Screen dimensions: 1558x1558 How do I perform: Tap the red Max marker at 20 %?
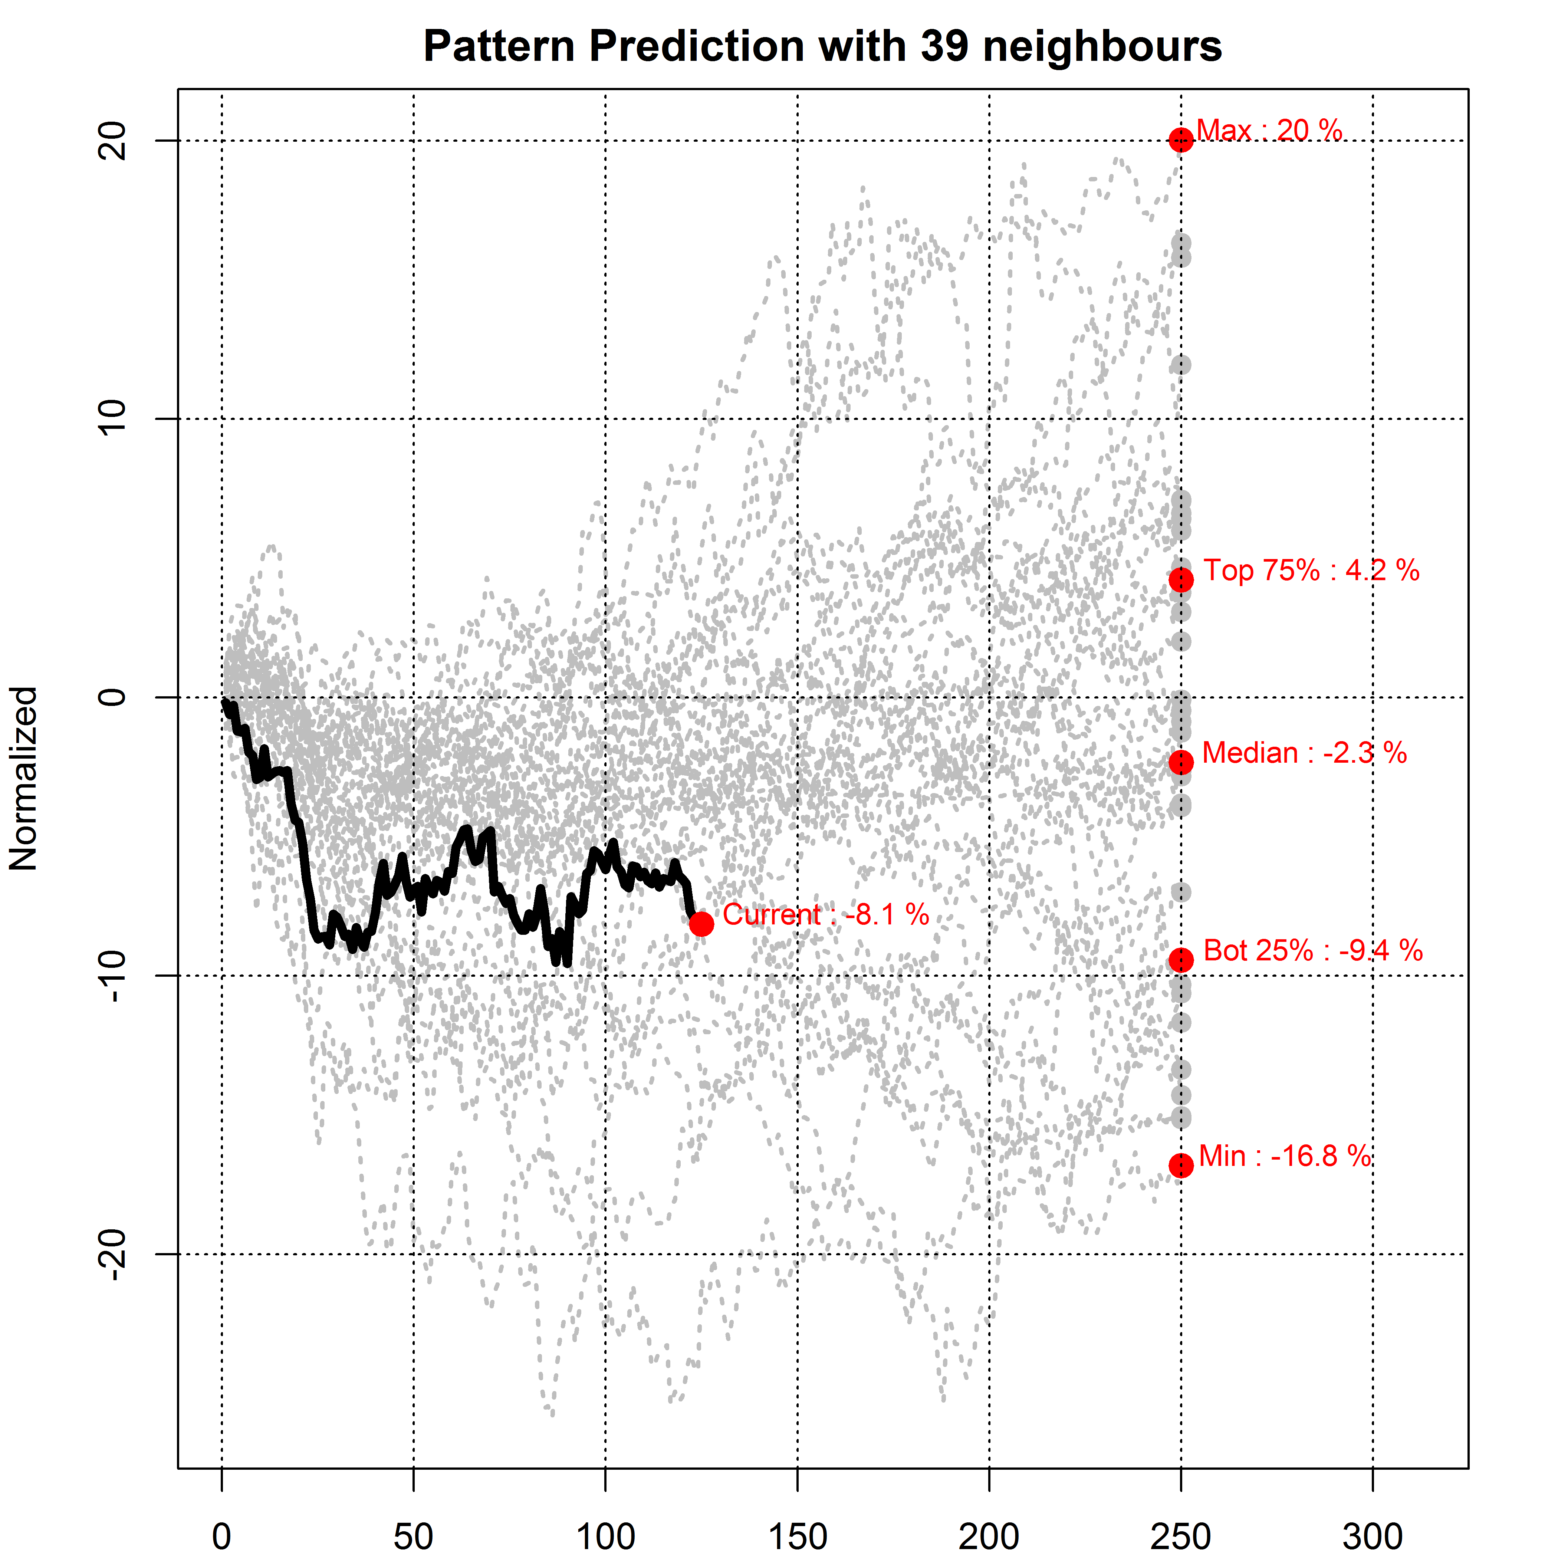click(1181, 140)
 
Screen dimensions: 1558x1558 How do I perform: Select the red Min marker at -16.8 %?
click(1181, 1165)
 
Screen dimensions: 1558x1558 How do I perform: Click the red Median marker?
click(1181, 762)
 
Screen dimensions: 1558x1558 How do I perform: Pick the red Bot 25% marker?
click(1181, 960)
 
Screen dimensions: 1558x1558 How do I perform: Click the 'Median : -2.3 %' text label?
click(1304, 753)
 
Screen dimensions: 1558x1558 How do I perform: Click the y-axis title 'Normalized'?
click(24, 778)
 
